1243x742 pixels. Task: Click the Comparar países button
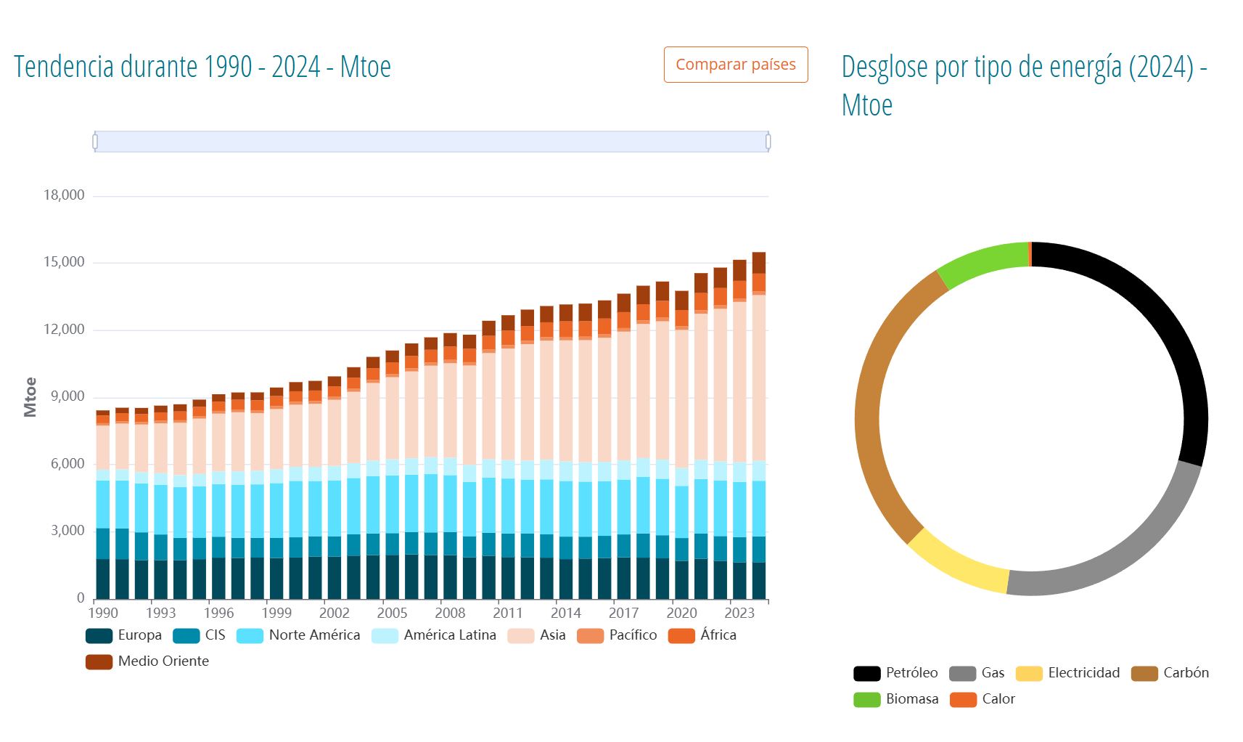click(x=735, y=65)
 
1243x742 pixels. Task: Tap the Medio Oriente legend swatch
click(x=99, y=661)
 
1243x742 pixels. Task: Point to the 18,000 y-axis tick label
click(x=64, y=195)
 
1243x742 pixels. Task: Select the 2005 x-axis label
click(x=392, y=613)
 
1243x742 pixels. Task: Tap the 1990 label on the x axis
click(x=102, y=613)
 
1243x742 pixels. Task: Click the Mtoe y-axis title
click(x=30, y=396)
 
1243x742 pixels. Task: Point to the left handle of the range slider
click(x=95, y=142)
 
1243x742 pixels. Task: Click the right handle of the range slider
click(x=768, y=142)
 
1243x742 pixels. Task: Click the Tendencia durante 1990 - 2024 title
click(x=202, y=67)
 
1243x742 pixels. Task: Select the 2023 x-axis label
click(x=739, y=613)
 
